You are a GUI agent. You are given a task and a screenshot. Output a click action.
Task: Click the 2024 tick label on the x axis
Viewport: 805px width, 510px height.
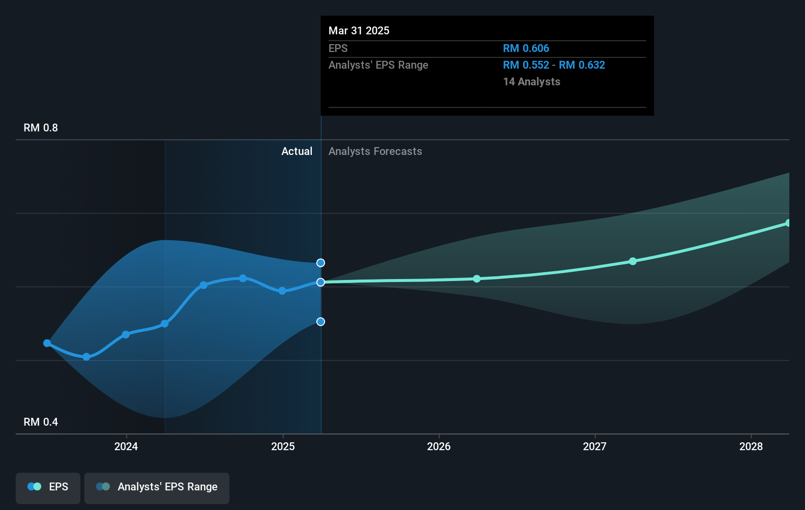point(126,446)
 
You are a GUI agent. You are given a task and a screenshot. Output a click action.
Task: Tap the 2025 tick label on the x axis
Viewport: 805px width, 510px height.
point(283,446)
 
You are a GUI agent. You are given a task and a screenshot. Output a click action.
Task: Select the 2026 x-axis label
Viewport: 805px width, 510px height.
point(439,446)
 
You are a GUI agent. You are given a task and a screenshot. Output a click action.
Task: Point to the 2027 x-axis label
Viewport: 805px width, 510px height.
point(595,446)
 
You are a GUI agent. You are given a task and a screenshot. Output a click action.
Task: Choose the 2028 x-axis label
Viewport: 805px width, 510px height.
point(751,446)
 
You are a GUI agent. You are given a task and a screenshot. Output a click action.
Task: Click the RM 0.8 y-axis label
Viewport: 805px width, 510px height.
point(41,128)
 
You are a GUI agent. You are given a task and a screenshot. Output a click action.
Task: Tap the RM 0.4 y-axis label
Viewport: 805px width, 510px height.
point(41,422)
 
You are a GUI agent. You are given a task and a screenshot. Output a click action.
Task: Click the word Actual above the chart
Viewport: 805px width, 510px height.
point(297,152)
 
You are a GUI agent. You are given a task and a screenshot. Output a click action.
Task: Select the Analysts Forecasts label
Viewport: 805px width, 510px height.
point(375,152)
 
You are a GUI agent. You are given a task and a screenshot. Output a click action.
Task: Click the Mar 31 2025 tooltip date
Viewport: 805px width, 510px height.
point(359,31)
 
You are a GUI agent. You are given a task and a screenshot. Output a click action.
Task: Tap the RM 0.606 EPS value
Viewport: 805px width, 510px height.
point(526,49)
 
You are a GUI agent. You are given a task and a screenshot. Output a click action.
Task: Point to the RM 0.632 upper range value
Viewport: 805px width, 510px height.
point(582,65)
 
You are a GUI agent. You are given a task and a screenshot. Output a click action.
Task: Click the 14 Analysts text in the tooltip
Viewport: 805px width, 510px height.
point(531,82)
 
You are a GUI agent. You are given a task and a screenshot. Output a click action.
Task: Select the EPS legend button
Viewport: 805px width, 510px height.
point(48,487)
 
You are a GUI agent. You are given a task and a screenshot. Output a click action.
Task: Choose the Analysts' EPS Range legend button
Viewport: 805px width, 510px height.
point(157,487)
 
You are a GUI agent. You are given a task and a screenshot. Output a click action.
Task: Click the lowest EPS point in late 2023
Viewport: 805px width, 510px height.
point(86,357)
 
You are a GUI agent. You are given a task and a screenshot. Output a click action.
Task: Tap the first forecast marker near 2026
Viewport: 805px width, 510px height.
point(477,279)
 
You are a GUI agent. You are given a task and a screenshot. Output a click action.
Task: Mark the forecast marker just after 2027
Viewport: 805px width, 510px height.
point(633,261)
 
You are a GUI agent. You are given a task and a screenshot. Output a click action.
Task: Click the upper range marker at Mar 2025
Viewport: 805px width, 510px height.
point(321,263)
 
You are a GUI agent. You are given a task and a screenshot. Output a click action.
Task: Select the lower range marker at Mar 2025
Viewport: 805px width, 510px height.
point(321,322)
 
